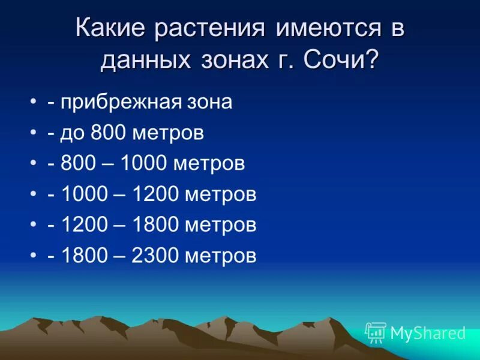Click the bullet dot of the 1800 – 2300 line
coord(32,256)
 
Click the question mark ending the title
coord(371,61)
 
